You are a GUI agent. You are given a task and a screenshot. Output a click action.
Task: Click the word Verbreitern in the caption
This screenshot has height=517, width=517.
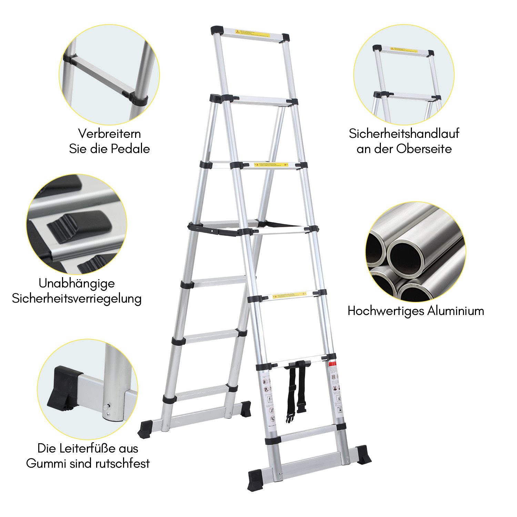(109, 134)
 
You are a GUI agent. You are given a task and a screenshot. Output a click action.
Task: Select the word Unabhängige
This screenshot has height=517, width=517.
(77, 283)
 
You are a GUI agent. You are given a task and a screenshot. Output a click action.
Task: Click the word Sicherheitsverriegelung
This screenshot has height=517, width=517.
(77, 298)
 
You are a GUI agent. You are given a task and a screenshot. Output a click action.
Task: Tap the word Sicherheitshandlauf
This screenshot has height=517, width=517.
(404, 134)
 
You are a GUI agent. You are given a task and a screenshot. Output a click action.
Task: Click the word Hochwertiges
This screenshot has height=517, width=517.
(386, 311)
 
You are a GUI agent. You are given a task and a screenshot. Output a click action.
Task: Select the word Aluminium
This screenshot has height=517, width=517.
(456, 311)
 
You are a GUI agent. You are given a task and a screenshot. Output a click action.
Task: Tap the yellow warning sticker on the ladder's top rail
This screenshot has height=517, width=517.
(252, 34)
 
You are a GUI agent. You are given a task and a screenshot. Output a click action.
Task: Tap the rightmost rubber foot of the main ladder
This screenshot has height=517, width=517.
(363, 454)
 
